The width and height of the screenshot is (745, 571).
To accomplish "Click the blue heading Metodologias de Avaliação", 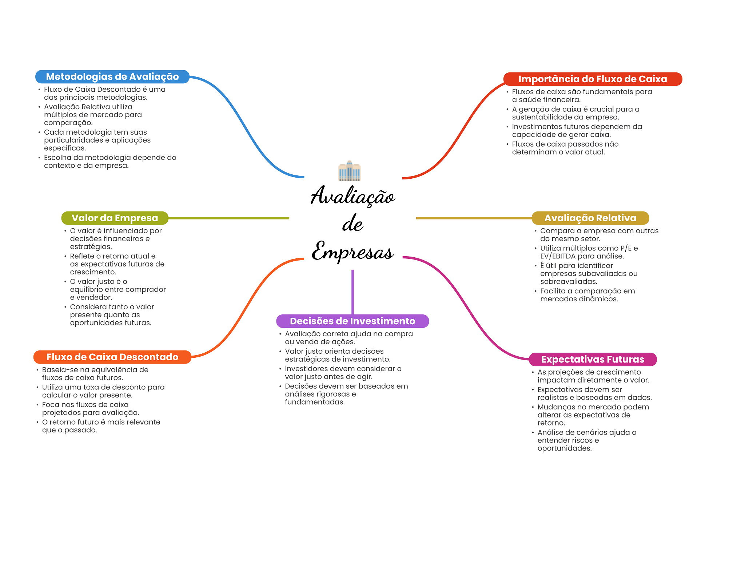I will click(112, 77).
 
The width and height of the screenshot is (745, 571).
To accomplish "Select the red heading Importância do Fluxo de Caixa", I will click(592, 79).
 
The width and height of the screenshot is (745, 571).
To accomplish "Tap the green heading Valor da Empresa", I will click(115, 218).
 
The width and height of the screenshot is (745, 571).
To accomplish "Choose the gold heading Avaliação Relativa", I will click(590, 218).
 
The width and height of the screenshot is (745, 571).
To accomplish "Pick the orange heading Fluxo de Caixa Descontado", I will click(112, 357).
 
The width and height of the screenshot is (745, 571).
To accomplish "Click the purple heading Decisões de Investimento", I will click(352, 321).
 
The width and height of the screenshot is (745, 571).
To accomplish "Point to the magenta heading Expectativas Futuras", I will click(592, 359).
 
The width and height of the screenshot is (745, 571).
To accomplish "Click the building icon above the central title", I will click(349, 171).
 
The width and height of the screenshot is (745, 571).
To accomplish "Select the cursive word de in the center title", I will click(352, 223).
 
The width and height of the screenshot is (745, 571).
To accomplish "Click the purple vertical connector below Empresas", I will click(352, 291).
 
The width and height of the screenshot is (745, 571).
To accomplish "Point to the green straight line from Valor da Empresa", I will click(229, 218).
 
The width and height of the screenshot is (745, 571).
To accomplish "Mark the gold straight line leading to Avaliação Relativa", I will click(473, 218).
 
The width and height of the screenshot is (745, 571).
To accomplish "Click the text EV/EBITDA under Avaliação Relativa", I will click(558, 256).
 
